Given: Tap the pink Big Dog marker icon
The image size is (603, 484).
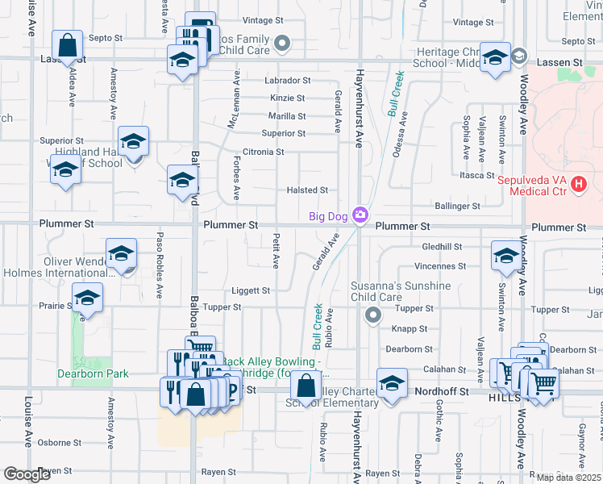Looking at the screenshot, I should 360,215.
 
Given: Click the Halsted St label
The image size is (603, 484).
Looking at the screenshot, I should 307,190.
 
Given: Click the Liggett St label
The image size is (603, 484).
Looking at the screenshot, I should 252,290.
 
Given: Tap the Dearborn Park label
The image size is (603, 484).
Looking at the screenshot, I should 93,373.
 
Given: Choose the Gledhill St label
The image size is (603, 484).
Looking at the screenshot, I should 441,247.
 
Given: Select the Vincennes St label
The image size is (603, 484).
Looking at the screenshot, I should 440,266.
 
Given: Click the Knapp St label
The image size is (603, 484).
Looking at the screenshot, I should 409,329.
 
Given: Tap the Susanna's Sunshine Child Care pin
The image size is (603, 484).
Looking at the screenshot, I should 372,315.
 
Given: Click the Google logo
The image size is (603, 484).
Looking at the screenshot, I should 27,474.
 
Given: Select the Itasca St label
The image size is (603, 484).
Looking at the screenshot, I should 476,175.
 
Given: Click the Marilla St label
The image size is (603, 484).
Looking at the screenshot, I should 287,116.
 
